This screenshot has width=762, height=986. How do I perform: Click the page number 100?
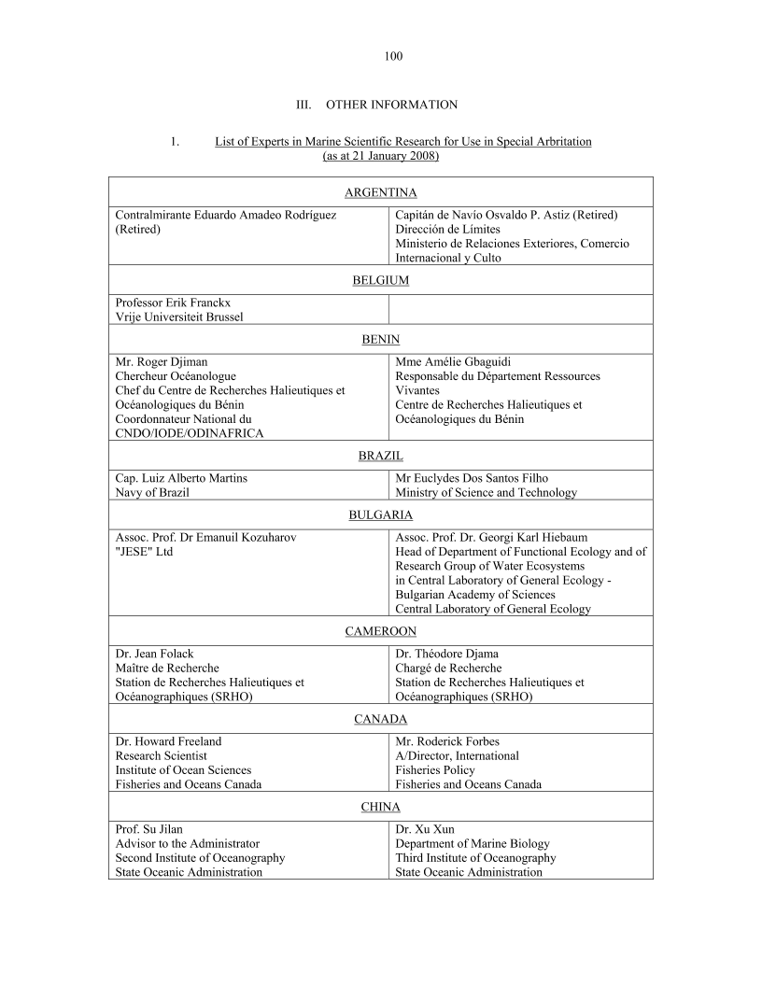pos(392,56)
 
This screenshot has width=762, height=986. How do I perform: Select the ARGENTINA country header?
pos(380,192)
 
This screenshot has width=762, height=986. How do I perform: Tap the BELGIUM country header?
pos(380,280)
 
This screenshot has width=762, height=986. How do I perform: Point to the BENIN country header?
pos(380,340)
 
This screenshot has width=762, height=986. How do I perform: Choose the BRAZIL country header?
pos(380,456)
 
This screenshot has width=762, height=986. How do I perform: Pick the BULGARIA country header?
pos(380,514)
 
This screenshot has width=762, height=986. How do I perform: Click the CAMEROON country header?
pos(380,631)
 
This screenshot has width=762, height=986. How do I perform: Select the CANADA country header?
pos(380,719)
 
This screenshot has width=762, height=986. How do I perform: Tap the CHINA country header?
pos(380,807)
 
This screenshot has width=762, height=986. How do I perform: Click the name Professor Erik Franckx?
pos(173,303)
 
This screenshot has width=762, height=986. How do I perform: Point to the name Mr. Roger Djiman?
pos(162,361)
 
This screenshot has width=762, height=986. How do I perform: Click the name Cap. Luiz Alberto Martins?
pos(181,478)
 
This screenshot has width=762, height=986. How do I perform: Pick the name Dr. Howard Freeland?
pos(168,741)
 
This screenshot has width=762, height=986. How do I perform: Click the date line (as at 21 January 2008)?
pos(380,156)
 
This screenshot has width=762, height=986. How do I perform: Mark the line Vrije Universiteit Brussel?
pos(178,317)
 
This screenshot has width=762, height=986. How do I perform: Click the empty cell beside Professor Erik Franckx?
pos(520,309)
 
